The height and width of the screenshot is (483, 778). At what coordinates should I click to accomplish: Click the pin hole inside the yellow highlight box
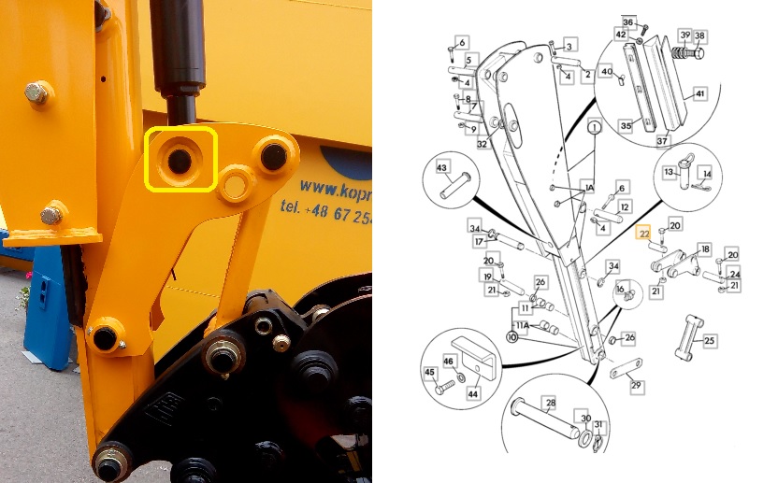tap(178, 162)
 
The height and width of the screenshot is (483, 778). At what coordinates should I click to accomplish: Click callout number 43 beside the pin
tap(443, 166)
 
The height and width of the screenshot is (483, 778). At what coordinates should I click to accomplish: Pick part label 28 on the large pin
tap(550, 402)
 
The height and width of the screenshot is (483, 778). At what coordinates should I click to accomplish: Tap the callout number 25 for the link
tap(709, 341)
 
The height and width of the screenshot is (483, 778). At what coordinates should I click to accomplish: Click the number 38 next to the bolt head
tap(699, 36)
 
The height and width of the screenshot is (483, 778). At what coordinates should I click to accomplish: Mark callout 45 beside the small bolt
tap(430, 372)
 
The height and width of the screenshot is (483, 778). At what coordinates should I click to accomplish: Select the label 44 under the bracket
tap(473, 395)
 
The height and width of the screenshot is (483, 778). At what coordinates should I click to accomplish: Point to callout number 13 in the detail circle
tap(670, 173)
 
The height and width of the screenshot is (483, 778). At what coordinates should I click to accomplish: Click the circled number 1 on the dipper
tap(592, 124)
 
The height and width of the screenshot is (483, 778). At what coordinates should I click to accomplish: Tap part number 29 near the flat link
tap(635, 385)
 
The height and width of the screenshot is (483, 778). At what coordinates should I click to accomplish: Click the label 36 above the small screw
tap(628, 21)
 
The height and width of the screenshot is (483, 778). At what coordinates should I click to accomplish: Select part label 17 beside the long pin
tap(479, 243)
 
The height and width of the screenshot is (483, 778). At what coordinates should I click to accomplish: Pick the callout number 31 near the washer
tap(599, 427)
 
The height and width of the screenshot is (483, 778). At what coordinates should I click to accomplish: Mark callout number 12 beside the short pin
tap(625, 206)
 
